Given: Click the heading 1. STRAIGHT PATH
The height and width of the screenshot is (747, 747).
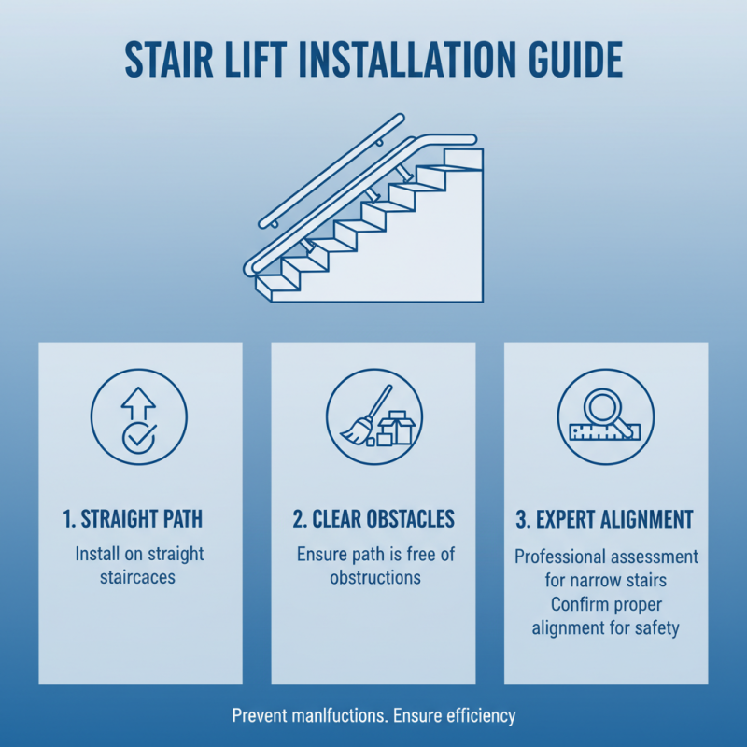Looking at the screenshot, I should coord(139,519).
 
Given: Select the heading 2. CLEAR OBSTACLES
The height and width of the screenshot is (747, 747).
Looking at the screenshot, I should coord(373,519).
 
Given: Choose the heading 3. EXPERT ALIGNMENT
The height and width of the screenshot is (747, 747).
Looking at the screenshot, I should coord(606,519).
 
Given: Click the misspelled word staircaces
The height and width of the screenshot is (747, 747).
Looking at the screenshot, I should coord(138,578).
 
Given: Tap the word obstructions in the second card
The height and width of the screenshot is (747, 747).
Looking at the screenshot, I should coord(374,578).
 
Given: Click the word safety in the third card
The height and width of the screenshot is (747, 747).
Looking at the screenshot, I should coord(655,628).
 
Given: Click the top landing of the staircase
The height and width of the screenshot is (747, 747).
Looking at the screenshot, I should coord(462,157).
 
